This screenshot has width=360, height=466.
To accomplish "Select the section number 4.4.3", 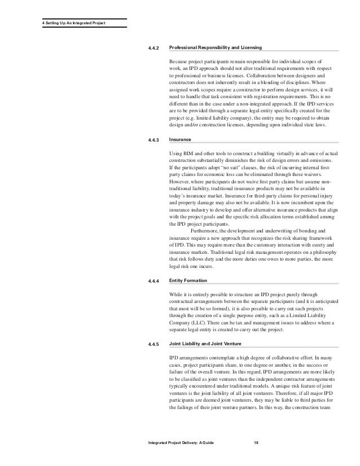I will point(153,139).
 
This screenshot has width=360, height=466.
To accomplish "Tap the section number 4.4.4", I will point(153,280).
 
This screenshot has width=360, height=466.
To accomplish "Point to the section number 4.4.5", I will point(153,344).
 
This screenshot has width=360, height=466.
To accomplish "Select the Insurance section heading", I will point(180,139).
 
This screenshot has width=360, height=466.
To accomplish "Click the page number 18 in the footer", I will point(257,446).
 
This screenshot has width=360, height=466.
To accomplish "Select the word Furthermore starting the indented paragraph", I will point(207,231).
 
